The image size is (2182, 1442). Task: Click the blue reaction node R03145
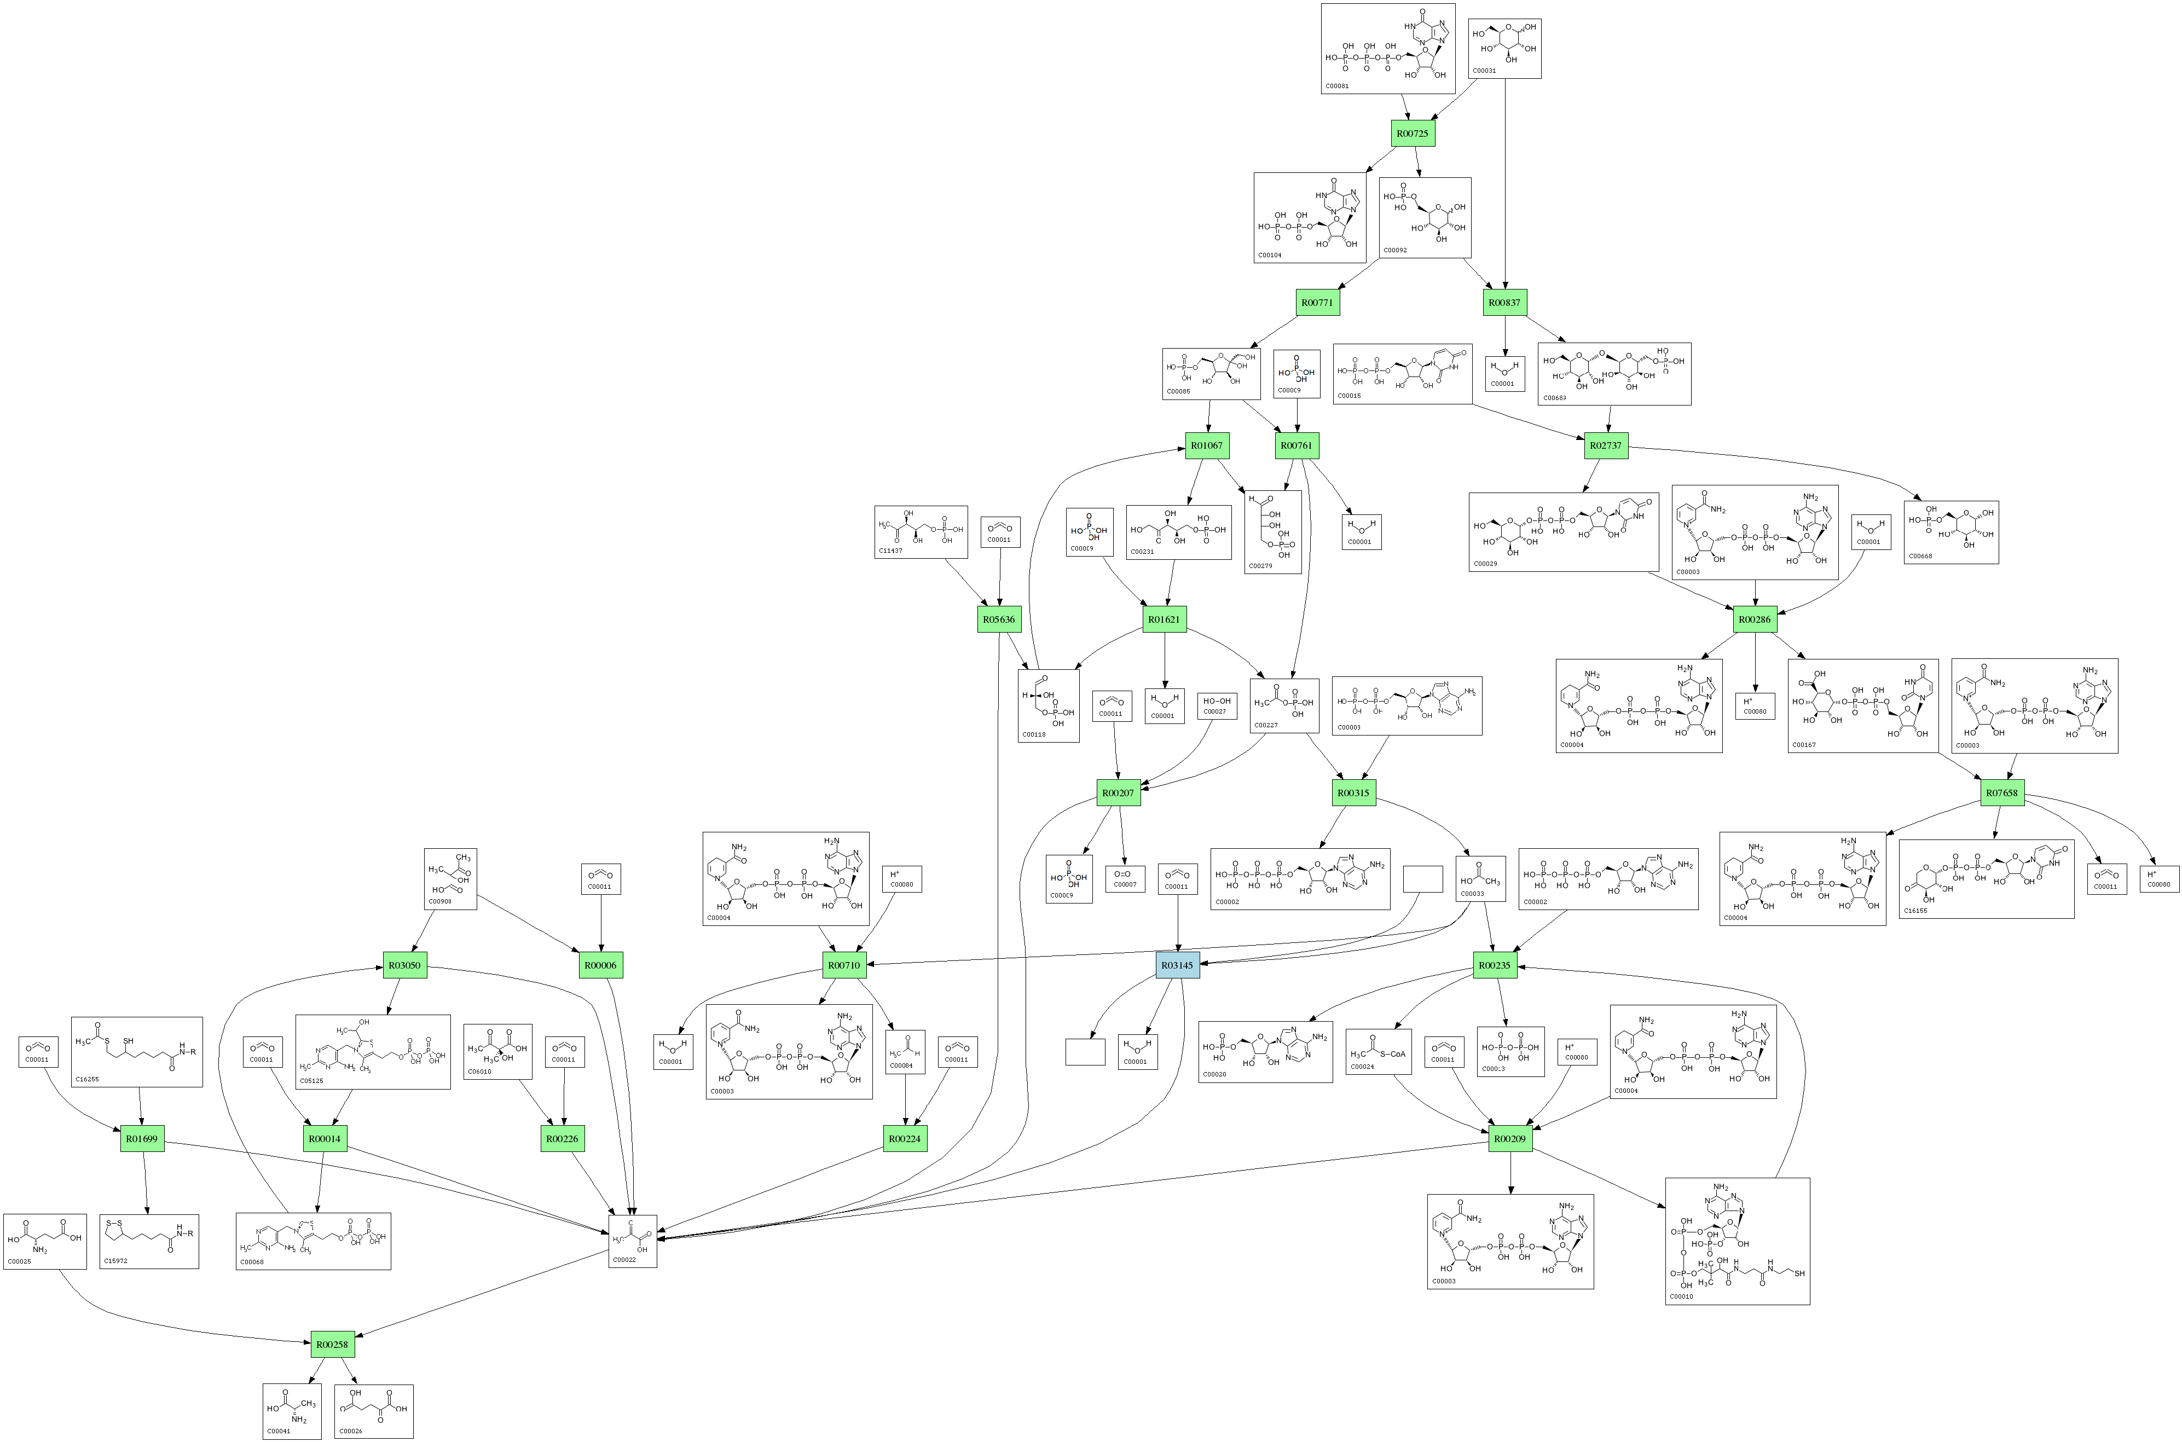point(1178,966)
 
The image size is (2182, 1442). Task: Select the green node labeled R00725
point(1413,134)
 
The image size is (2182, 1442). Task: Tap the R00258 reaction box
point(332,1345)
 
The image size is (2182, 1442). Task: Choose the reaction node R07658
point(2002,793)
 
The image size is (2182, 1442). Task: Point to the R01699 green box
point(142,1138)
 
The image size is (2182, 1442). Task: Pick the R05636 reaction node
point(999,619)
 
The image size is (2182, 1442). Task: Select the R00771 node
point(1317,303)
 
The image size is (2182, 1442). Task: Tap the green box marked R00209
point(1510,1138)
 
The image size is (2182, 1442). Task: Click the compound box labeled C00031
point(1504,49)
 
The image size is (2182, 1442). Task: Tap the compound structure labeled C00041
point(292,1411)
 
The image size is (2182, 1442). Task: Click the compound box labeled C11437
point(921,531)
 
